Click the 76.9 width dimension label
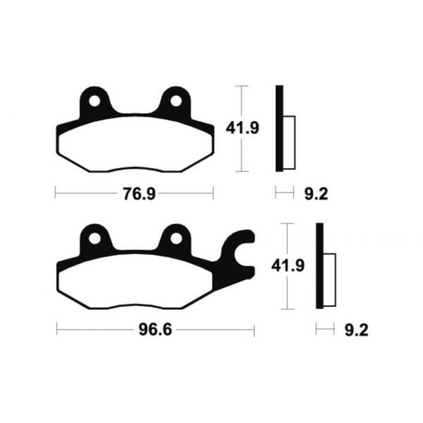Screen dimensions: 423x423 coord(134,192)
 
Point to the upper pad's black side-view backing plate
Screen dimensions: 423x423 coord(279,128)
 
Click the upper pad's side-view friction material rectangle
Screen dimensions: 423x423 coord(288,141)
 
